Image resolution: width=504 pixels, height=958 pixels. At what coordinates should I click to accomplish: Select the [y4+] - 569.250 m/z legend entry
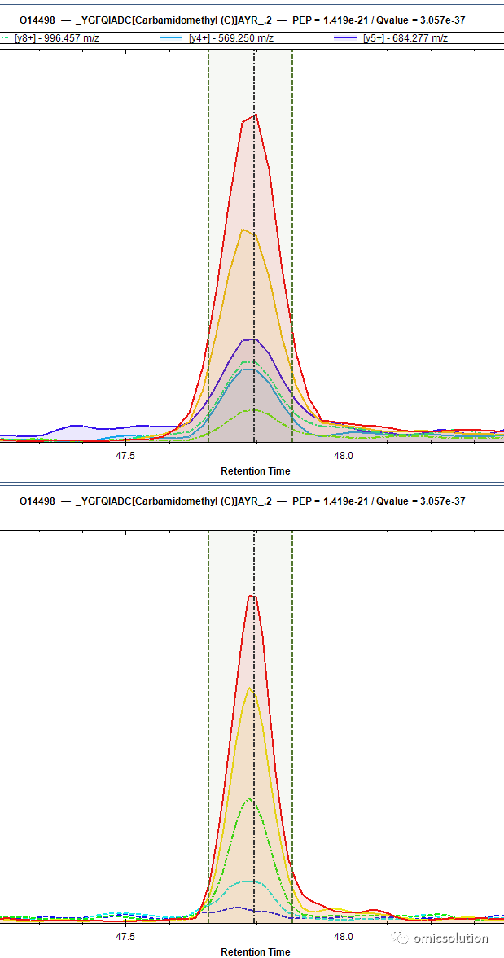pyautogui.click(x=216, y=38)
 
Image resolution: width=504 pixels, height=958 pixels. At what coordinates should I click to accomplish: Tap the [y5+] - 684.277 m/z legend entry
pyautogui.click(x=391, y=38)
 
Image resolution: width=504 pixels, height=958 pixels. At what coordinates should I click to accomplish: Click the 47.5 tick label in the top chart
pyautogui.click(x=125, y=455)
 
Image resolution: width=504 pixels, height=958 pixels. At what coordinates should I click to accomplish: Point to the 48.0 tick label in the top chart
pyautogui.click(x=344, y=455)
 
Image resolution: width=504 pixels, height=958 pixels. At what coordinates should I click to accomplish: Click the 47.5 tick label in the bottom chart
pyautogui.click(x=125, y=937)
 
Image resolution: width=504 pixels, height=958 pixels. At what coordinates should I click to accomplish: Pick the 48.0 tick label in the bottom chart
pyautogui.click(x=344, y=937)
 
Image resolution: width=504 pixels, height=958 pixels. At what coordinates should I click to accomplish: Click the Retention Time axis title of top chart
pyautogui.click(x=256, y=471)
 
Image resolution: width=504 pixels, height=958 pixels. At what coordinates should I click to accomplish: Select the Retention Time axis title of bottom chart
pyautogui.click(x=256, y=951)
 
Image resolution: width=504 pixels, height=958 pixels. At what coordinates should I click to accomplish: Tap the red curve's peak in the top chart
pyautogui.click(x=256, y=114)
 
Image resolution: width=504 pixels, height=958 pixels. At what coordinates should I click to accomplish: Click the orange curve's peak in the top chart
pyautogui.click(x=243, y=229)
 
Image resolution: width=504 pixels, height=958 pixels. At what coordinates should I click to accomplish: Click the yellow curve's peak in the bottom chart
pyautogui.click(x=249, y=687)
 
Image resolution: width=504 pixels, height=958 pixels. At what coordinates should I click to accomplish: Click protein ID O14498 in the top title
pyautogui.click(x=37, y=20)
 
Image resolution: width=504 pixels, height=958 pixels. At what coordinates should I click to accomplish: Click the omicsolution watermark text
pyautogui.click(x=450, y=938)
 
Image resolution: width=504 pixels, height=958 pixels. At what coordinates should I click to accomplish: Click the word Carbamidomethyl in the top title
pyautogui.click(x=166, y=20)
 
